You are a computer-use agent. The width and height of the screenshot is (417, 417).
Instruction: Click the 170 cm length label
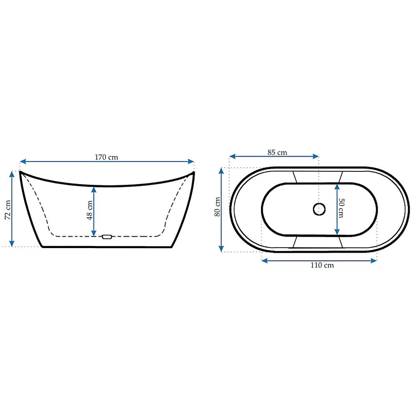point(106,157)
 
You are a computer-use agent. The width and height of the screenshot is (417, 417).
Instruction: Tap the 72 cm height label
point(8,210)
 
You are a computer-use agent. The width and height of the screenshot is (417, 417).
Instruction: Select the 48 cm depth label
point(90,210)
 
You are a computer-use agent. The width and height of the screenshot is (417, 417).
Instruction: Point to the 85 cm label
point(277,153)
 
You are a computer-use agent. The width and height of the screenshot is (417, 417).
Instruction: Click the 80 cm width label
point(217,207)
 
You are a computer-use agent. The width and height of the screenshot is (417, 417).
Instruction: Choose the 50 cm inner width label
point(341,208)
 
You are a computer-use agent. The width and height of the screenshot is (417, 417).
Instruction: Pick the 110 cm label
point(322,265)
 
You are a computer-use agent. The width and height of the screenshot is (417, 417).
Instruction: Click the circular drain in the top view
point(319,209)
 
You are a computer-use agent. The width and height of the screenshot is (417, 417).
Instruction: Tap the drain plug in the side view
point(107,237)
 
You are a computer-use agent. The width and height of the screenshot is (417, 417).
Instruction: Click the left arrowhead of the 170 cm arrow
point(23,161)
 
